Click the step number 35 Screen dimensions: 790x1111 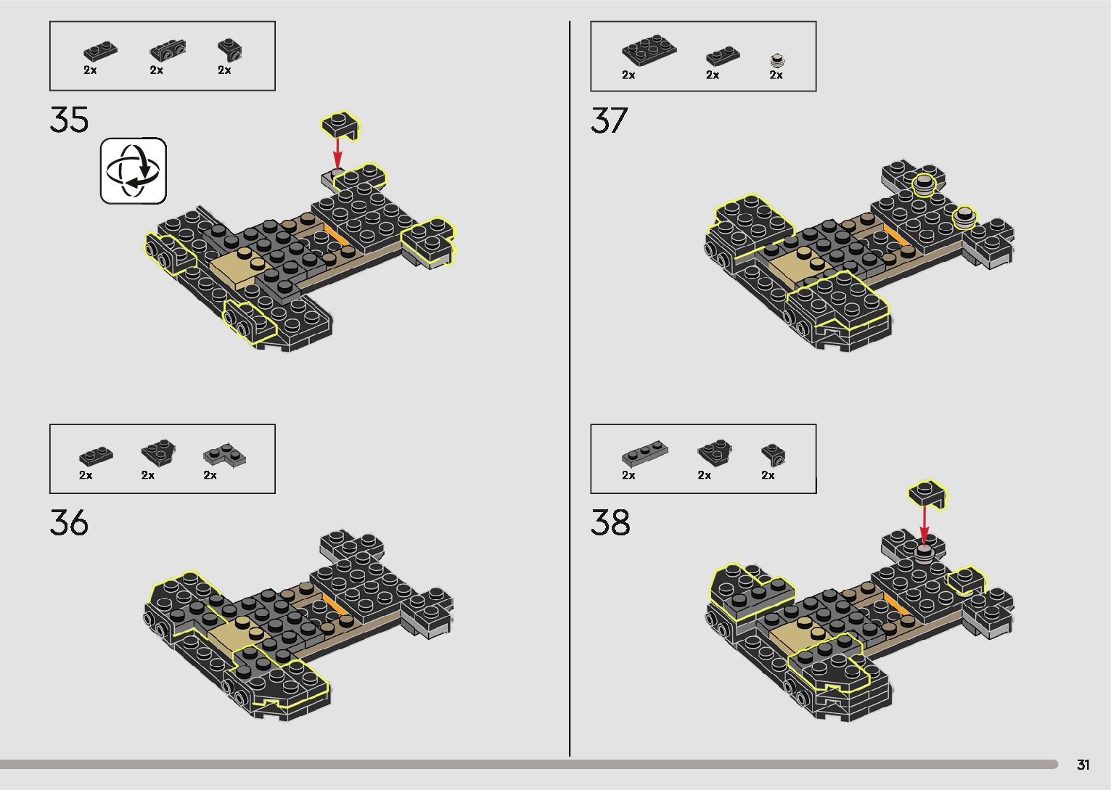pos(70,120)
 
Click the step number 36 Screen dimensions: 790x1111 pos(70,523)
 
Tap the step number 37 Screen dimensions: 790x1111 pos(609,120)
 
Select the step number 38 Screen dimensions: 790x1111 pos(610,523)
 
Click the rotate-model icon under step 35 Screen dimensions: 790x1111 pos(134,170)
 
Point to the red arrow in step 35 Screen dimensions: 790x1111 pos(337,152)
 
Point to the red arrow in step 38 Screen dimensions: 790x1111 pos(924,524)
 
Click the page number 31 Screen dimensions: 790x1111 pos(1083,765)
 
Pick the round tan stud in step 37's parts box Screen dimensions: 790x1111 pos(778,59)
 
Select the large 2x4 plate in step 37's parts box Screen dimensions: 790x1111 pos(649,49)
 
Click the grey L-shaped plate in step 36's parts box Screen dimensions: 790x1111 pos(224,455)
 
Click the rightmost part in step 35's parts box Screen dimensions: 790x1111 pos(230,49)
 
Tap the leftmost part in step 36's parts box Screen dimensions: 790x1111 pos(96,456)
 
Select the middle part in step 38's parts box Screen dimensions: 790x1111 pos(714,453)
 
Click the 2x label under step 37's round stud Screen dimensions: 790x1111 pos(776,75)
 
